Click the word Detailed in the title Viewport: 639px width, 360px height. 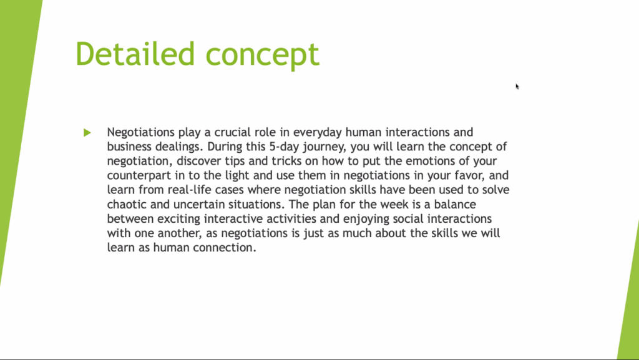(x=135, y=54)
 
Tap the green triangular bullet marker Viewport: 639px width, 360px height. (x=87, y=132)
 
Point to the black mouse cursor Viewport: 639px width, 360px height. (x=517, y=86)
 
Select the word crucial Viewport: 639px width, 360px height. (x=233, y=132)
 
